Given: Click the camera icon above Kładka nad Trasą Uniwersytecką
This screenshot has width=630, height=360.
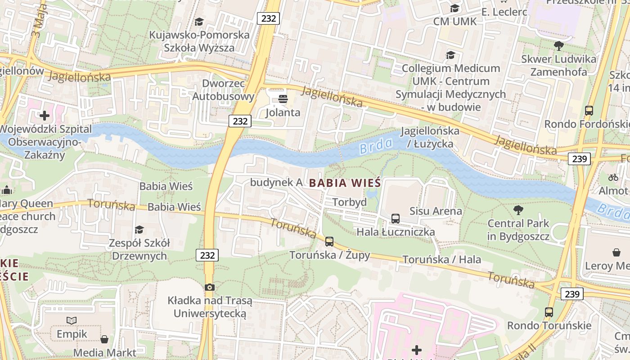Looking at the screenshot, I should tap(209, 287).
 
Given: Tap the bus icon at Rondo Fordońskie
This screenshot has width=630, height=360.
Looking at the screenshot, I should tap(589, 110).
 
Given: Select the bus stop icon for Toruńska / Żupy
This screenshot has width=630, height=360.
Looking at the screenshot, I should tap(329, 242).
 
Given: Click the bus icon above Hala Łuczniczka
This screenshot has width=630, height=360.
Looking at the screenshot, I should tap(396, 219).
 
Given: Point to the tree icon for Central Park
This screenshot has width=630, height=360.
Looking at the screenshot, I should tap(518, 210).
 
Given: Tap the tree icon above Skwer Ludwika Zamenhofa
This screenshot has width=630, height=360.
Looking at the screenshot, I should tap(559, 45).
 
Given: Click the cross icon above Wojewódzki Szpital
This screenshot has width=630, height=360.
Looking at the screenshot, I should tap(45, 116).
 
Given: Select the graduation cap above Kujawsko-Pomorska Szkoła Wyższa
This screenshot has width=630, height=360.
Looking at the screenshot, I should tap(199, 22).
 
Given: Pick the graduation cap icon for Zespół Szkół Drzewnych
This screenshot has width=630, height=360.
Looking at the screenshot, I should tap(139, 229).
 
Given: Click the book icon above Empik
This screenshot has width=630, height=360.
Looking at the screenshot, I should tap(72, 320).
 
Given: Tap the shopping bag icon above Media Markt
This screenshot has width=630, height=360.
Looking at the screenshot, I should tap(104, 339).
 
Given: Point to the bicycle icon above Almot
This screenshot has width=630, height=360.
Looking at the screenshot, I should tap(613, 177).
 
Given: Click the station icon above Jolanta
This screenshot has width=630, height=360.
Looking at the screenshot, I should tap(283, 99).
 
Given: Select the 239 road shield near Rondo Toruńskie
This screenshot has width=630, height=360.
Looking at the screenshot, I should tap(572, 294).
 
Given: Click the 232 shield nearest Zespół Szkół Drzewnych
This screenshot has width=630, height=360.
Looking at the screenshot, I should tap(207, 255).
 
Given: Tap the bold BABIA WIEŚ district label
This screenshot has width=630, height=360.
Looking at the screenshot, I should tap(345, 183).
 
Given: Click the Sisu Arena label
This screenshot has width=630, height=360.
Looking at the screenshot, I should tap(436, 211).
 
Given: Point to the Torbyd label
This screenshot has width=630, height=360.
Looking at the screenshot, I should tap(350, 202).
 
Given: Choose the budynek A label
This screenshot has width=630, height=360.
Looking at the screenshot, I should tap(276, 182).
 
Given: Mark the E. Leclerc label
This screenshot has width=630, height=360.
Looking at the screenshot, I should tap(504, 12).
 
